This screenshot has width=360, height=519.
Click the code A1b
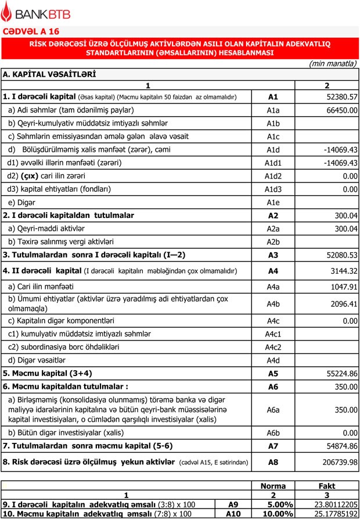(273, 124)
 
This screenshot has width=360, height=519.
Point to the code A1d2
(273, 176)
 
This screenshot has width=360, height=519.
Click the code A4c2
(273, 348)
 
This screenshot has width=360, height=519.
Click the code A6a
(273, 410)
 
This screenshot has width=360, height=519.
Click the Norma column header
(273, 486)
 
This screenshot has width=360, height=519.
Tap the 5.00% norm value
(278, 504)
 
